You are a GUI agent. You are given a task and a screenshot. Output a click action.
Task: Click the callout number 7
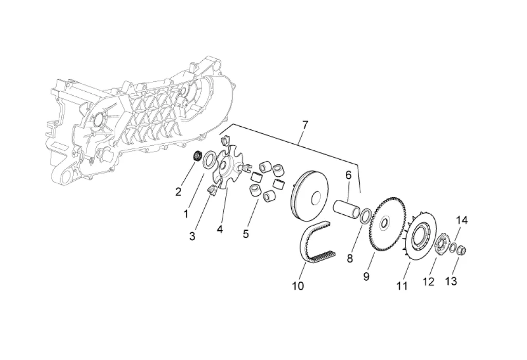tap(305, 125)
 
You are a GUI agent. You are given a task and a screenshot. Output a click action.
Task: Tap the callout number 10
tap(298, 285)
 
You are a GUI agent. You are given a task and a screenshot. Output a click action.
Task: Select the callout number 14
tap(462, 220)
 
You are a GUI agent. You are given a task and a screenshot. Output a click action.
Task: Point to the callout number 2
tap(179, 192)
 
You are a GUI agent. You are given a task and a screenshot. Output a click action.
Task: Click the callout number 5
tap(245, 234)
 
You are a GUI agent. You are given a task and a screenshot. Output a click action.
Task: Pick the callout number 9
tap(366, 277)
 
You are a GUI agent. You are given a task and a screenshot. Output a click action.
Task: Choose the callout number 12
tap(429, 282)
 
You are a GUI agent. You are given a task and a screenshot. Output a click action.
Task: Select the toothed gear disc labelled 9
tap(389, 225)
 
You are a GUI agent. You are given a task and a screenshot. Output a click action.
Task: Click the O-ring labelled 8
tap(366, 216)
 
